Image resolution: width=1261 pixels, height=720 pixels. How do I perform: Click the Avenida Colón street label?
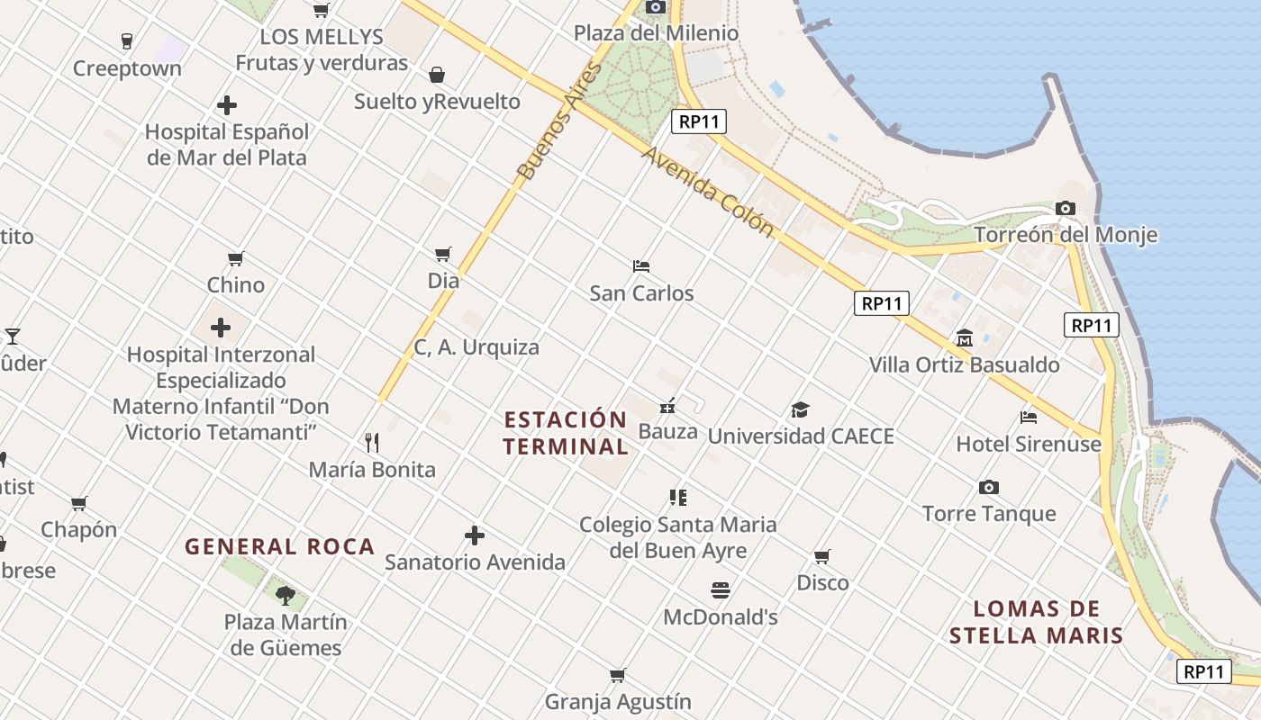pos(708,192)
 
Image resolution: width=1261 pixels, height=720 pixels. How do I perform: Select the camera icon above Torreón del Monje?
pos(1066,209)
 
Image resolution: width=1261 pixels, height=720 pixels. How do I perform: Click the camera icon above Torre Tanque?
pos(989,488)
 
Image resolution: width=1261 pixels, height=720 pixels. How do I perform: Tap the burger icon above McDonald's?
pos(720,590)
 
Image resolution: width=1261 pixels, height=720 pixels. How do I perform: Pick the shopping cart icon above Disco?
pos(821,556)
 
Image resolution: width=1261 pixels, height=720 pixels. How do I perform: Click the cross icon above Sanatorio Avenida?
pos(475,536)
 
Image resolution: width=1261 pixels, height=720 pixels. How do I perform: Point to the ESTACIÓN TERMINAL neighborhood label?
pos(566,433)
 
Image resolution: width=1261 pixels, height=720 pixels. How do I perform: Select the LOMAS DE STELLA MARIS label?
pos(1036,622)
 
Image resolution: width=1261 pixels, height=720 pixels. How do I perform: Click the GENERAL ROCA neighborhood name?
pos(279,546)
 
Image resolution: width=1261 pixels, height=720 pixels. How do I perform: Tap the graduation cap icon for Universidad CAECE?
pos(800,410)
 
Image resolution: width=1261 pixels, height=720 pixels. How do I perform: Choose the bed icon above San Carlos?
pos(641,266)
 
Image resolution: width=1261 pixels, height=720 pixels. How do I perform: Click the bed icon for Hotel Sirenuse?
pos(1029,418)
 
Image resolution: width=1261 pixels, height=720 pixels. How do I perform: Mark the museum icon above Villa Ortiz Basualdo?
pos(965,338)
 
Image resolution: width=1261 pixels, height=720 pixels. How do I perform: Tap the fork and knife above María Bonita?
pos(372,442)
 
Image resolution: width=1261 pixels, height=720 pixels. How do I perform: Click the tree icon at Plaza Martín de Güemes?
pos(285,595)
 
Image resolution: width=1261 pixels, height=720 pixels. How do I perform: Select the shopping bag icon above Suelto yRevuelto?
pos(437,75)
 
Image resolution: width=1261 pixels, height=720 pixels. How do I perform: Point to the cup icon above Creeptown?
pos(127,41)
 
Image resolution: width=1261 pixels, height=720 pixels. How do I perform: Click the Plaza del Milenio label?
pos(656,33)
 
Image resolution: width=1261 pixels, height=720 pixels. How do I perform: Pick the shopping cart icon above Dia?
pos(442,255)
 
